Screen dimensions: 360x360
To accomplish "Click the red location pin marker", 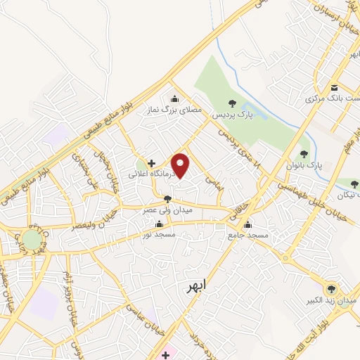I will [x=181, y=165].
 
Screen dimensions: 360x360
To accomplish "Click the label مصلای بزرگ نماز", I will [x=181, y=110].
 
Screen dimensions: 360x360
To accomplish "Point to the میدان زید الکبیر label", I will [x=335, y=300].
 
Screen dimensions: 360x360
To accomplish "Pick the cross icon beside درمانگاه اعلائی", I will [x=150, y=163].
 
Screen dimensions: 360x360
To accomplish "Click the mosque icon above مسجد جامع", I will [x=247, y=225].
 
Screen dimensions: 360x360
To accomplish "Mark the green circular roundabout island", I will [x=32, y=239].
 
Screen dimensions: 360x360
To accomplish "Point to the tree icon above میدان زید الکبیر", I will [x=331, y=288].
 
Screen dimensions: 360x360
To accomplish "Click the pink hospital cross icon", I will [x=165, y=354].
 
